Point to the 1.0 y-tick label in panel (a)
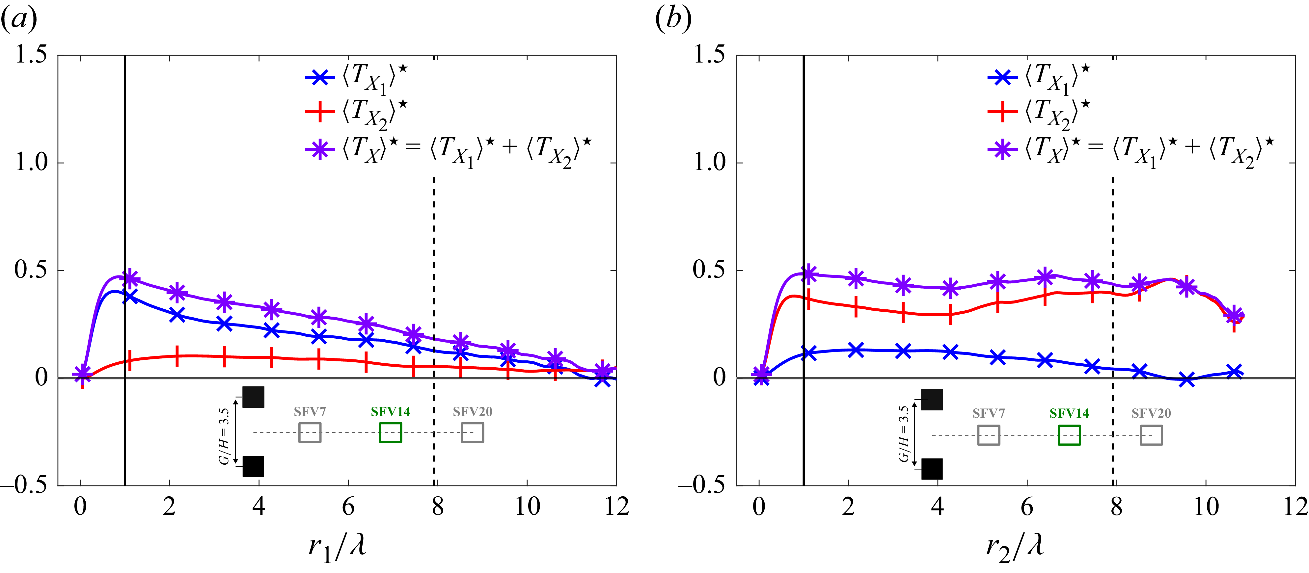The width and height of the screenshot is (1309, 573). coord(31,163)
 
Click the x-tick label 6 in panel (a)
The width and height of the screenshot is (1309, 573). coord(348,507)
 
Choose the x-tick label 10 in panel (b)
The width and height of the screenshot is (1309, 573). coord(1205,507)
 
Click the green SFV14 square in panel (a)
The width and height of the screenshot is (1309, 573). coord(390,433)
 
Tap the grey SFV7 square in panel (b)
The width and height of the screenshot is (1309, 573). coord(988,435)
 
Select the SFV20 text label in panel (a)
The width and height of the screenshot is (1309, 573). coord(473,411)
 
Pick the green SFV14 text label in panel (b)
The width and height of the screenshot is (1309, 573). coord(1069,413)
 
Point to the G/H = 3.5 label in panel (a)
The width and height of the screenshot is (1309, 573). coord(224,436)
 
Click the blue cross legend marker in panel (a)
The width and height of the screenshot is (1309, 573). coord(320,78)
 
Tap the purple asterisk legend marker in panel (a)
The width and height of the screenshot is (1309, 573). coord(320,149)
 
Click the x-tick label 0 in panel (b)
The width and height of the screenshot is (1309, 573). coord(759,507)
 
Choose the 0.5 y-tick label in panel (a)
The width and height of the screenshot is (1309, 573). coord(31,270)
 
